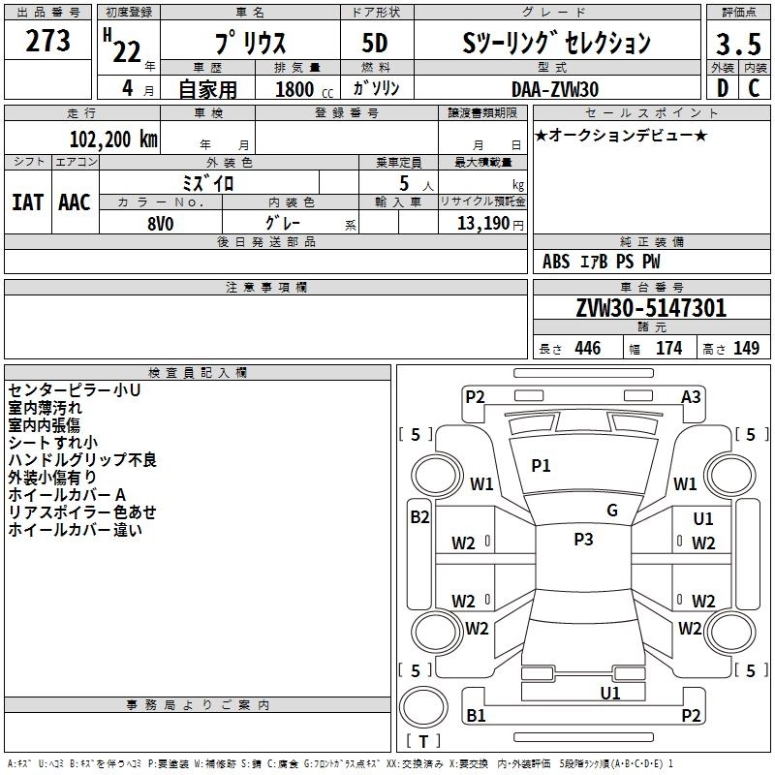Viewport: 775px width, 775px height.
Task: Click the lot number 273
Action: [x=47, y=42]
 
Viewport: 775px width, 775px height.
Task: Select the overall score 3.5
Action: [x=737, y=45]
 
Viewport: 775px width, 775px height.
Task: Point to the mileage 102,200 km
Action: [x=114, y=139]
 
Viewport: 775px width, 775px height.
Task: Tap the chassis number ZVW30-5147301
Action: [x=650, y=309]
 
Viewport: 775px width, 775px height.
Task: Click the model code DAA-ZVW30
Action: [x=555, y=89]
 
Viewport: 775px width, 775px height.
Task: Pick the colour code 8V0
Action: [x=161, y=223]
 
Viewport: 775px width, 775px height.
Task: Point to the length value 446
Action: [x=587, y=349]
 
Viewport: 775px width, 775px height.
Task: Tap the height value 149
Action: [x=746, y=349]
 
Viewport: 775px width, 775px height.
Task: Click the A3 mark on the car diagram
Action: [x=691, y=396]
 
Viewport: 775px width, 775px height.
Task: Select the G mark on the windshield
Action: [x=612, y=510]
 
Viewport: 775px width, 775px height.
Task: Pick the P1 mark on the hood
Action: [x=541, y=466]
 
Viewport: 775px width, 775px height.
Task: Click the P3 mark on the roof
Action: [x=583, y=540]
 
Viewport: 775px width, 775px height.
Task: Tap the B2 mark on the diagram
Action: [x=418, y=517]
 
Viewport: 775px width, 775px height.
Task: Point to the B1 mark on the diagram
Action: [x=476, y=716]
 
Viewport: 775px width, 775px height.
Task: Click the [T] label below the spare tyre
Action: [x=423, y=741]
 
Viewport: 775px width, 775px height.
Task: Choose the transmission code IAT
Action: [x=27, y=202]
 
